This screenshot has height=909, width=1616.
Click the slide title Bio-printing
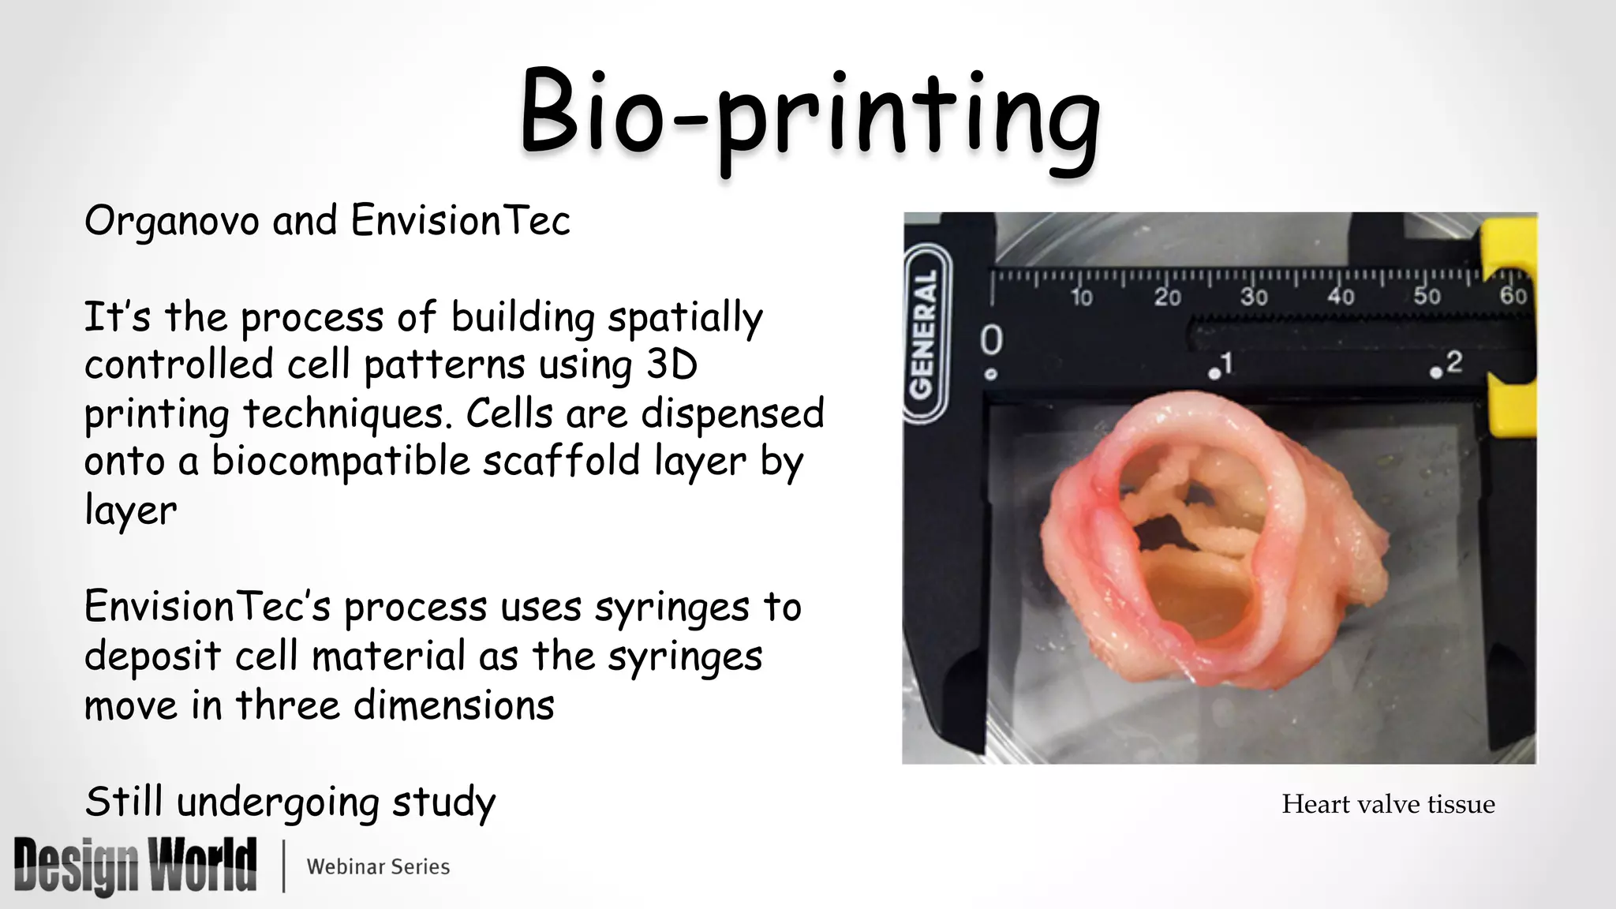click(x=810, y=117)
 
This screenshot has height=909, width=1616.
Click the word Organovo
click(x=171, y=221)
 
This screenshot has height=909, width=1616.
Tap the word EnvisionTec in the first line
click(x=460, y=221)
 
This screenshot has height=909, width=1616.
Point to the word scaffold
click(x=561, y=461)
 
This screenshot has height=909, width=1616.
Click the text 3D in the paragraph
click(x=671, y=365)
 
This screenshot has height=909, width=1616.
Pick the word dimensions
click(x=454, y=705)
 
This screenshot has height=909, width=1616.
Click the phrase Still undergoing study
click(x=290, y=802)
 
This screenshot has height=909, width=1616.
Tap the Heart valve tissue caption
click(x=1388, y=804)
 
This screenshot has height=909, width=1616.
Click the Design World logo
click(x=135, y=866)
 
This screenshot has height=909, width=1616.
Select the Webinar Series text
click(x=378, y=866)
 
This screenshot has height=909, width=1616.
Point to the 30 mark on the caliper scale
click(x=1253, y=297)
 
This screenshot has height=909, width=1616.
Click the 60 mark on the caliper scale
click(x=1513, y=296)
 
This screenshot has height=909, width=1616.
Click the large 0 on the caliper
click(x=991, y=340)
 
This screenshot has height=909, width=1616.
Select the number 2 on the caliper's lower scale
click(x=1453, y=362)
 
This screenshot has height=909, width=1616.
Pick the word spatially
click(x=685, y=317)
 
